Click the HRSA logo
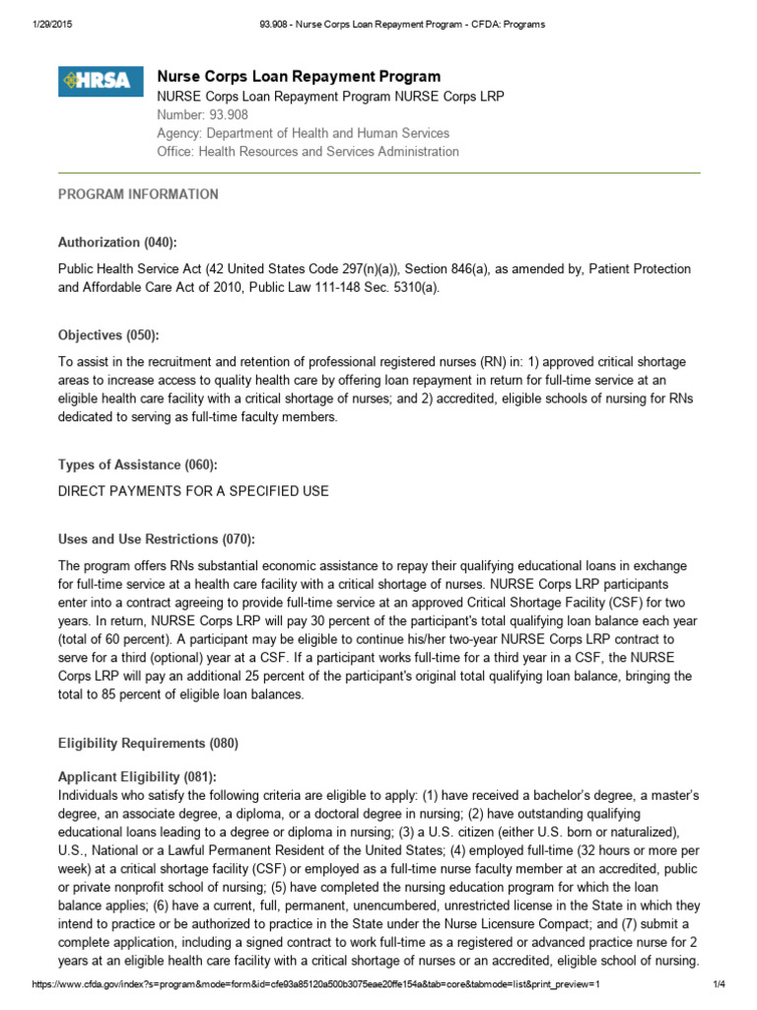(95, 81)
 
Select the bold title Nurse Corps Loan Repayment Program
(299, 76)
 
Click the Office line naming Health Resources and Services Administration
(308, 152)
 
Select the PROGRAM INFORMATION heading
(138, 194)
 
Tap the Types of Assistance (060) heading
(137, 465)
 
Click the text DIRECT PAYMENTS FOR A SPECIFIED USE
(193, 491)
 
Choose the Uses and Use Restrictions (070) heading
(157, 540)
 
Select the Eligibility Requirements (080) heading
(148, 743)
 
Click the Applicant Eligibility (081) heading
(137, 777)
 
